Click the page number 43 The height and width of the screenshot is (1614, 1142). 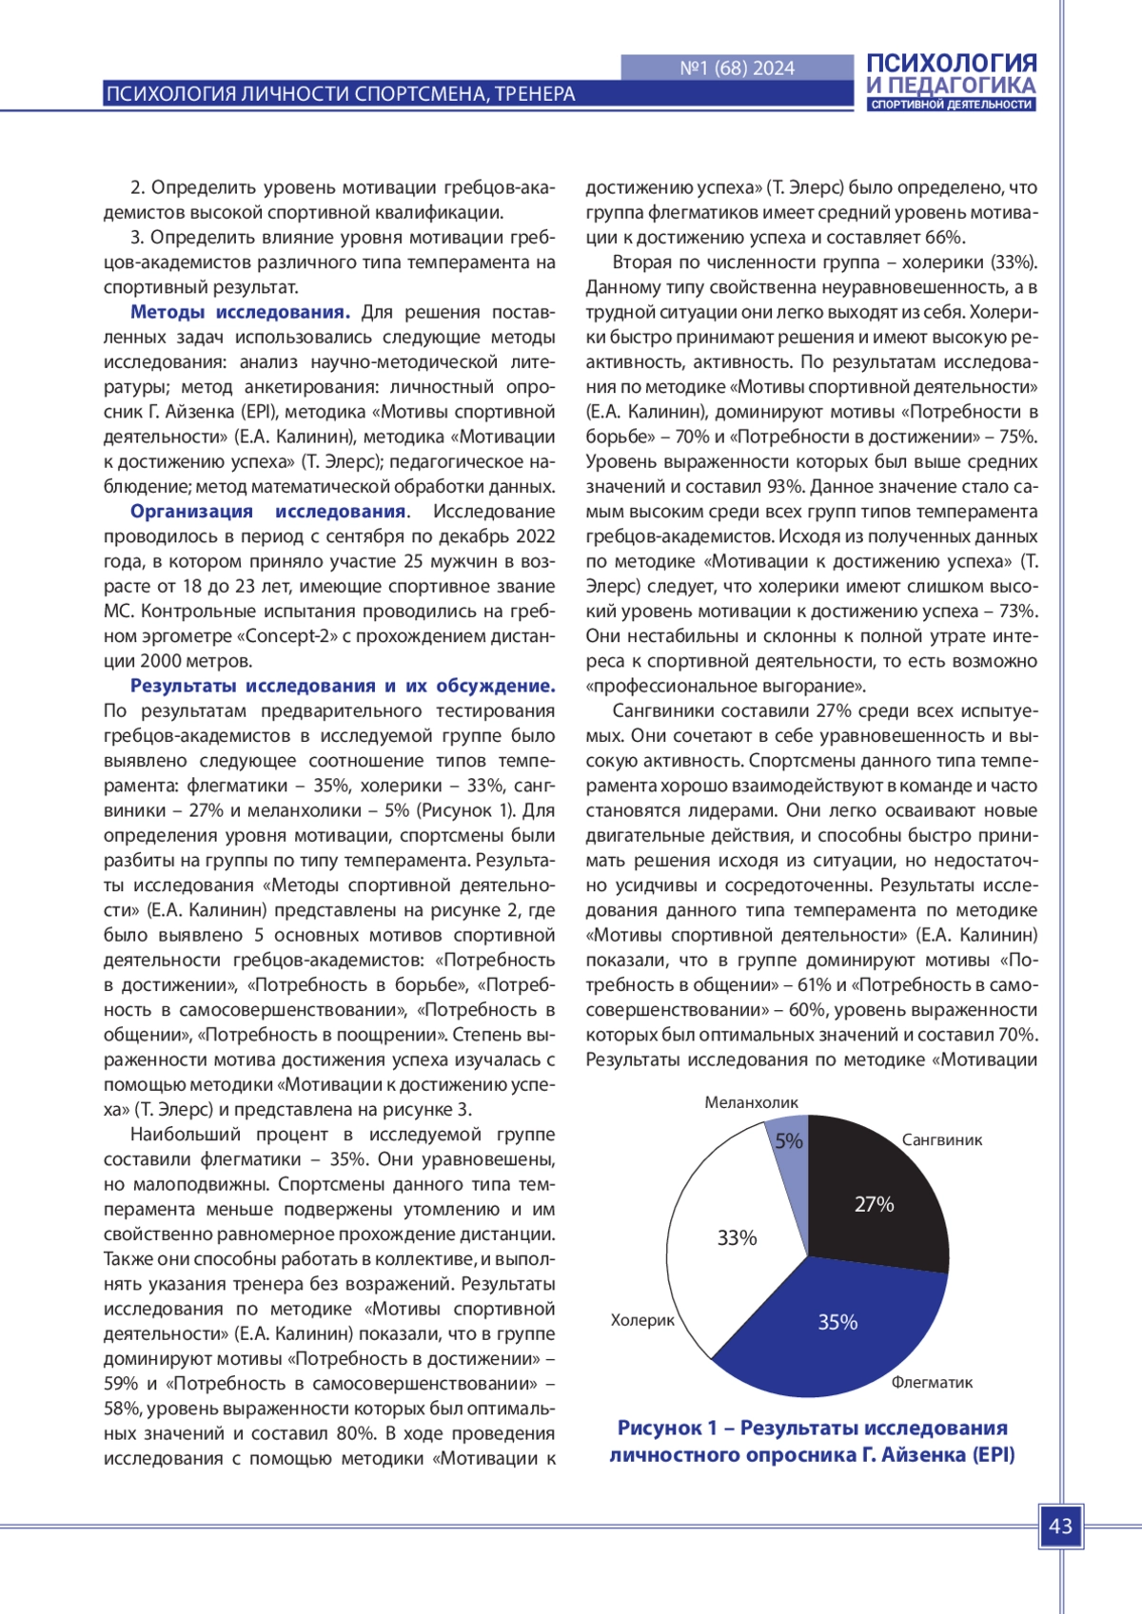[1060, 1526]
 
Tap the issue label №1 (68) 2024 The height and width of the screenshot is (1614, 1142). [738, 68]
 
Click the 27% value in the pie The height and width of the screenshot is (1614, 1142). [874, 1204]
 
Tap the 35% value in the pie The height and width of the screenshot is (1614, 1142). [837, 1322]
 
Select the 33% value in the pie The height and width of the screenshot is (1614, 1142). [737, 1237]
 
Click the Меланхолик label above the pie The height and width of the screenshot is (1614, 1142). [751, 1102]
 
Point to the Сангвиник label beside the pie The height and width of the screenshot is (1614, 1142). [941, 1139]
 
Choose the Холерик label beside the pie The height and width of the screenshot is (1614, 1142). [642, 1320]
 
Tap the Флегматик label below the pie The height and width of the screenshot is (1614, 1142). [932, 1382]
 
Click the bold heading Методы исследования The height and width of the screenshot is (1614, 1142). [240, 312]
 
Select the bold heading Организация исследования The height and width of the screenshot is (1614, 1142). [268, 512]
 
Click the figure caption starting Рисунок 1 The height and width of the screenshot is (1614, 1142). [812, 1441]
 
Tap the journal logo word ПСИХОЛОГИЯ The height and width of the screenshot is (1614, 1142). [951, 63]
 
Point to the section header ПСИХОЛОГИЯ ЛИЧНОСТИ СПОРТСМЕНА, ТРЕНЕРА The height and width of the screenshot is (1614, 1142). [341, 94]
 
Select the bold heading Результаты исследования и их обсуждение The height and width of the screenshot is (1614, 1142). [343, 686]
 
